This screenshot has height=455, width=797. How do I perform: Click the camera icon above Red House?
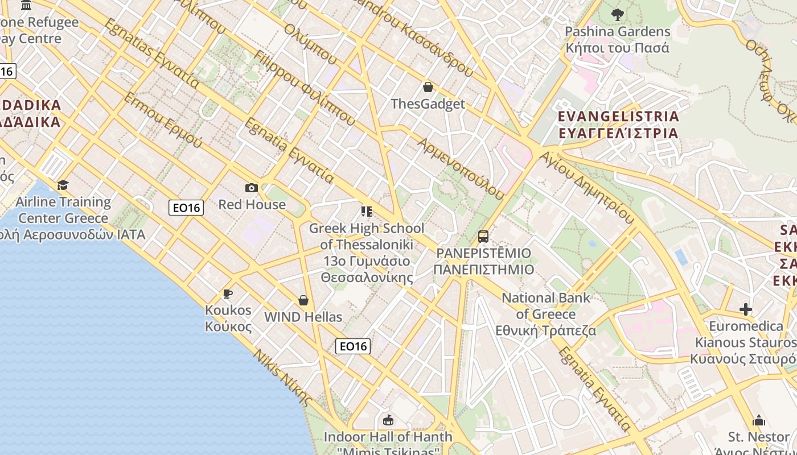pos(251,188)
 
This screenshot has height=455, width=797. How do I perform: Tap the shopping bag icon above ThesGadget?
pos(428,87)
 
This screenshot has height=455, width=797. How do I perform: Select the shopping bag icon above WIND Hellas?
pos(303,300)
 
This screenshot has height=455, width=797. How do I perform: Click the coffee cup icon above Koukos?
pos(228,293)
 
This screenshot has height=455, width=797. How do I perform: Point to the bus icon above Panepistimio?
pos(483,237)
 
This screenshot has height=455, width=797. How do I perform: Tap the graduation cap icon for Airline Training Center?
pos(63,185)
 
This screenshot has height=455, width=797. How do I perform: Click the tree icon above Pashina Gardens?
pos(617,15)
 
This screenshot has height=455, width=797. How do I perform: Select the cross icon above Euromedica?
pos(746,309)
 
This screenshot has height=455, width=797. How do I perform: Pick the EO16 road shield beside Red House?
pos(186,208)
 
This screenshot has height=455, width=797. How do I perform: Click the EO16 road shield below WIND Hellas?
pos(353,346)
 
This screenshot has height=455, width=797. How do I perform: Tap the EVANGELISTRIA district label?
pos(618,125)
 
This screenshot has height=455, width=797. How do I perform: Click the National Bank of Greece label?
pos(546,314)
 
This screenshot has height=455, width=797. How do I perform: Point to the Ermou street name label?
pos(162,121)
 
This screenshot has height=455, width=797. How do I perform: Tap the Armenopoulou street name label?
pos(461,168)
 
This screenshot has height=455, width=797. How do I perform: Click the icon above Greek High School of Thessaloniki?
pos(367,212)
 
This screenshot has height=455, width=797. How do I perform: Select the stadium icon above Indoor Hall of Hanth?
pos(388,420)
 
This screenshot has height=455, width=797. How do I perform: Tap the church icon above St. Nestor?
pos(758,420)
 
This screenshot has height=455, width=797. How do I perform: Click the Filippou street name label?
pos(305,88)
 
